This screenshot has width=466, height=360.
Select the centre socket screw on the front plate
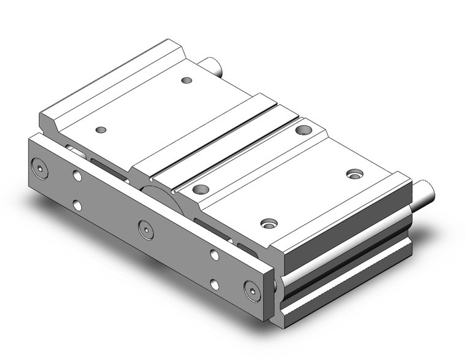(145, 228)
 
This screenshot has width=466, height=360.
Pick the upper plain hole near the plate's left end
(77, 177)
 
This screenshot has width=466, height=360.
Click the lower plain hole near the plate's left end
(77, 205)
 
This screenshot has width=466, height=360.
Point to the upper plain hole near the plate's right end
(214, 255)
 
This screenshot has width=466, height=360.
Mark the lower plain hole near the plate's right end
(214, 283)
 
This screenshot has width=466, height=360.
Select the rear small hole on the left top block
(187, 80)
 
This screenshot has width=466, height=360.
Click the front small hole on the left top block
(102, 129)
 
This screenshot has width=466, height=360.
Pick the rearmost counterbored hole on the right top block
(303, 129)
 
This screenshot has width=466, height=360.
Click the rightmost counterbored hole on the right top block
(354, 174)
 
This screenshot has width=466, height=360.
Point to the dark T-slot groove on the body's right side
(343, 270)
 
